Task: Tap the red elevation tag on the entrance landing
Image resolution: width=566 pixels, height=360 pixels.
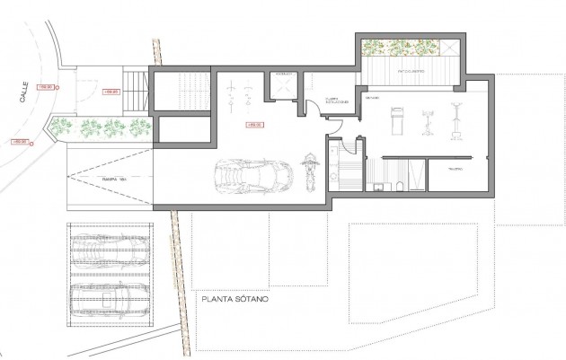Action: [x=112, y=92]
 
